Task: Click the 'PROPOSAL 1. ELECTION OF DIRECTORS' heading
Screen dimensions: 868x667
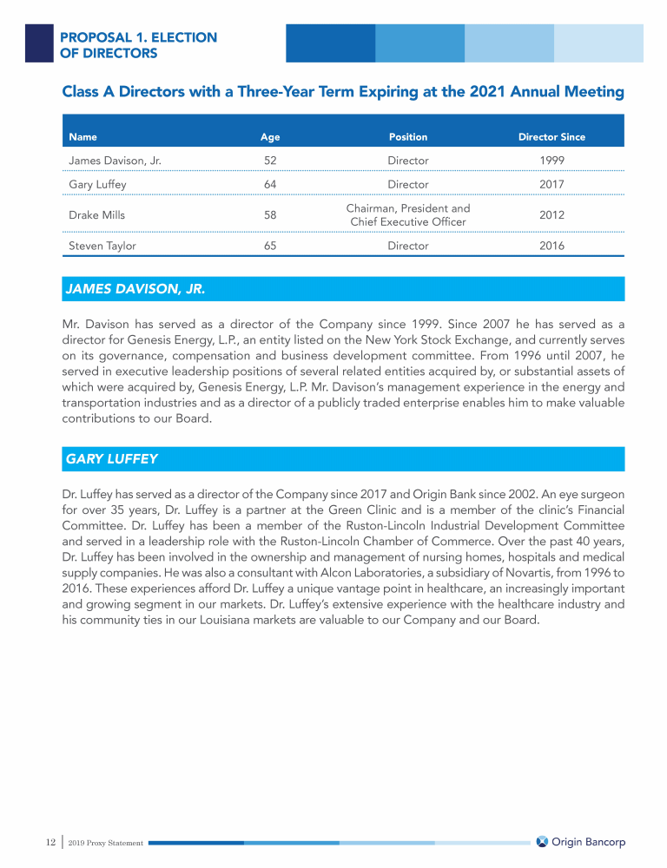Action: (138, 45)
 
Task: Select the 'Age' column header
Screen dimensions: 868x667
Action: (270, 136)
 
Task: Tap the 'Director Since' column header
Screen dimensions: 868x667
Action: (551, 136)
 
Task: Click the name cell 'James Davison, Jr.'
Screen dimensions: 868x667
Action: (115, 161)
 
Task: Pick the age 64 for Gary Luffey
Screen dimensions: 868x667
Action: (270, 184)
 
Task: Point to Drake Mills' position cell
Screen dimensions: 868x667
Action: (407, 215)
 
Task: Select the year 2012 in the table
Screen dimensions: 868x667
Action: (551, 215)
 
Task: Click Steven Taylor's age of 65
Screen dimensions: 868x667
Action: (270, 246)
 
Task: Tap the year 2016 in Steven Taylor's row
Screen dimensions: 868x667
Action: (551, 246)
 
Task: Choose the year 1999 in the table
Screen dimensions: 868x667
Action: (551, 161)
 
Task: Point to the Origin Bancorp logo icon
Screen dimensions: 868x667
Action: (542, 842)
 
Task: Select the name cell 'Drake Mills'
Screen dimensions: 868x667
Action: (97, 215)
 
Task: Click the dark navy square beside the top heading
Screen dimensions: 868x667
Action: (39, 43)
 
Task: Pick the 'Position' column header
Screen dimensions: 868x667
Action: (407, 136)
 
